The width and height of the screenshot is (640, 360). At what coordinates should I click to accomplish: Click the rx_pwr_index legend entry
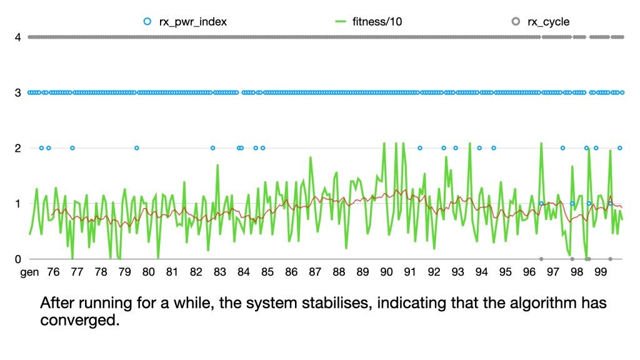(193, 22)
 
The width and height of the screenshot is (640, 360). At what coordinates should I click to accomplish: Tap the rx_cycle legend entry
(548, 22)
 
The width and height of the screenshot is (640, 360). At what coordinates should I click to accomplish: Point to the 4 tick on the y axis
(18, 37)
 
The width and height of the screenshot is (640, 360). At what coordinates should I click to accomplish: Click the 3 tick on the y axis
(18, 92)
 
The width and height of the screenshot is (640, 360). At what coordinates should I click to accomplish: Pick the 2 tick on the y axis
(18, 148)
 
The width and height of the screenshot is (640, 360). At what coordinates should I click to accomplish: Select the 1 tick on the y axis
(18, 204)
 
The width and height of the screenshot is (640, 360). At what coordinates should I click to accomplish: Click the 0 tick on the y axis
(18, 259)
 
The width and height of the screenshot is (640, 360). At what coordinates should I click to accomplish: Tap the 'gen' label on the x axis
(29, 272)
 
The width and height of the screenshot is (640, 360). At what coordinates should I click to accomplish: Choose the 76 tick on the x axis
(53, 272)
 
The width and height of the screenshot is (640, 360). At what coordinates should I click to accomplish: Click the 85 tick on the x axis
(267, 272)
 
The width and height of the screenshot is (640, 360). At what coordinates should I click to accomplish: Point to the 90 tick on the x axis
(386, 272)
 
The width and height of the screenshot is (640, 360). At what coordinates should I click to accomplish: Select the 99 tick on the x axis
(601, 272)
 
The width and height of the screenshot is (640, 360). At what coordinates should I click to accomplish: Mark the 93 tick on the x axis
(457, 272)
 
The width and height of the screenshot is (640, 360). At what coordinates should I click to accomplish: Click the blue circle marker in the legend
(147, 22)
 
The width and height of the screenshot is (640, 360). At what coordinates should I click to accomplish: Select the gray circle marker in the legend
(516, 22)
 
